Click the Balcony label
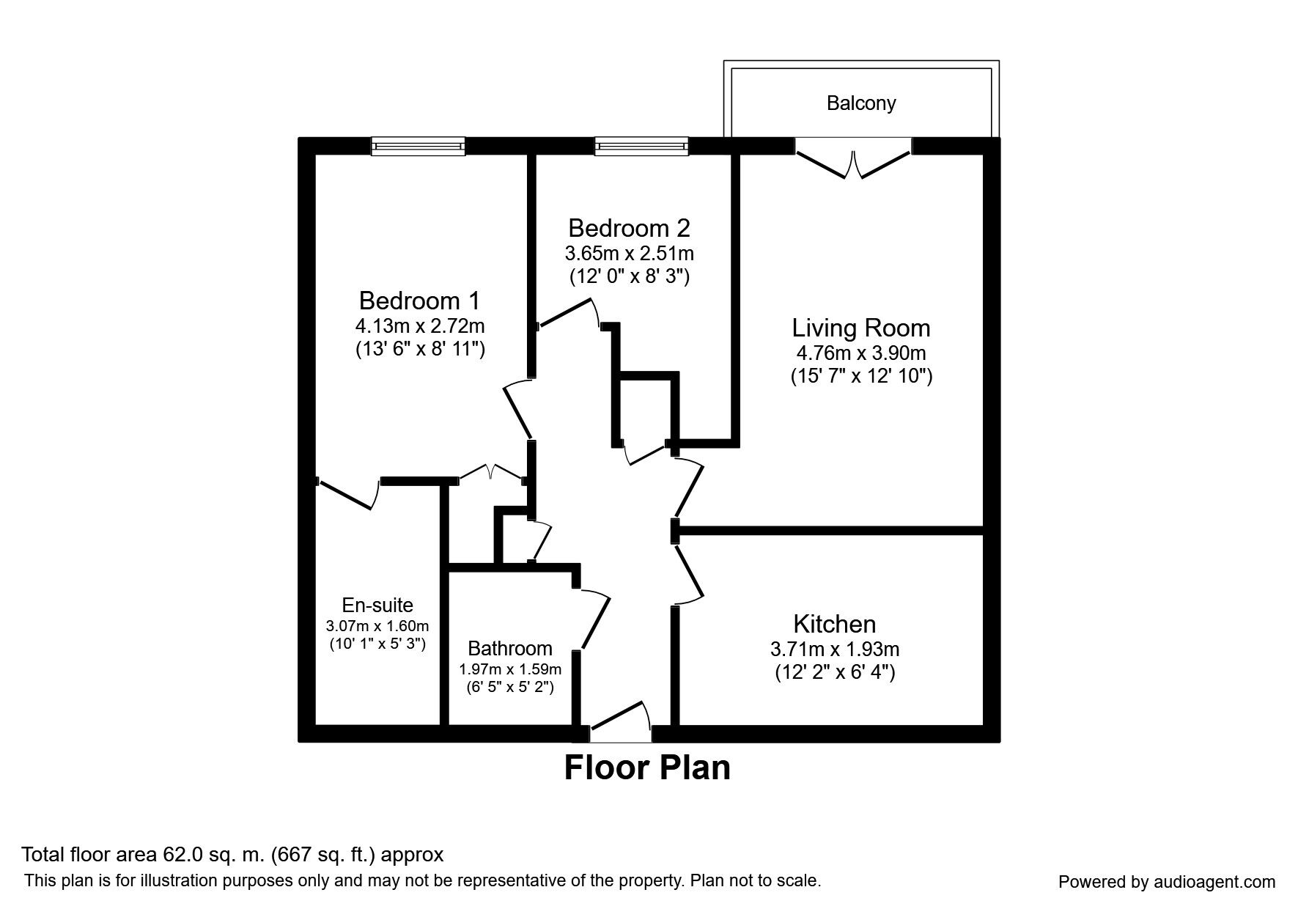pyautogui.click(x=861, y=103)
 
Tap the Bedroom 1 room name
pyautogui.click(x=419, y=301)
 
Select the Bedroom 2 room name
pyautogui.click(x=629, y=228)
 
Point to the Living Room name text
pyautogui.click(x=861, y=328)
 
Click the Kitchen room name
pyautogui.click(x=835, y=624)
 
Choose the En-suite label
pyautogui.click(x=377, y=606)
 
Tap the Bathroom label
pyautogui.click(x=510, y=649)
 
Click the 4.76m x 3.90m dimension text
pyautogui.click(x=861, y=353)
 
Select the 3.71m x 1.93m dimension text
pyautogui.click(x=835, y=649)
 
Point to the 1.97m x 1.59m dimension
pyautogui.click(x=510, y=669)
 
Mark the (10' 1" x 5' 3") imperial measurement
pyautogui.click(x=377, y=644)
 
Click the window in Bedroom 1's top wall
pyautogui.click(x=418, y=147)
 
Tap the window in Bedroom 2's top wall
pyautogui.click(x=642, y=147)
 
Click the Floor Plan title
pyautogui.click(x=647, y=768)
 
